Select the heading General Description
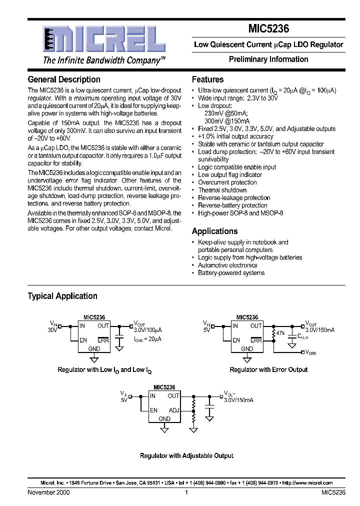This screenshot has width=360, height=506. pos(64,79)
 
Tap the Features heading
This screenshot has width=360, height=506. pos(207,79)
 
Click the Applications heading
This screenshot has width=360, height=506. pos(214,231)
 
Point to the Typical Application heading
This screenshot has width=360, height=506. pos(62,296)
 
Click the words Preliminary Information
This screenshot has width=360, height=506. pos(268,59)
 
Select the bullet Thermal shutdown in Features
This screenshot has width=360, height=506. pos(222,190)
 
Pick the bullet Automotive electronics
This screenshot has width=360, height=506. pos(227,265)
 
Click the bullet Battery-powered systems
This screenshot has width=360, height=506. pos(231,273)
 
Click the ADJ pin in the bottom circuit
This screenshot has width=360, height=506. pos(173,410)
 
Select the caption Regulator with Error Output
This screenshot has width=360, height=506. pos(268,369)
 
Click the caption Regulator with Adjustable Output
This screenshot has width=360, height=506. pos(186,455)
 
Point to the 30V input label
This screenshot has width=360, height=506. pos(52,330)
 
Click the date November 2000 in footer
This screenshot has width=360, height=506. pos(48,492)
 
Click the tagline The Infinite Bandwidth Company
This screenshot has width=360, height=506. pos(104,60)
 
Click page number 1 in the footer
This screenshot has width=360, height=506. pos(186,492)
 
